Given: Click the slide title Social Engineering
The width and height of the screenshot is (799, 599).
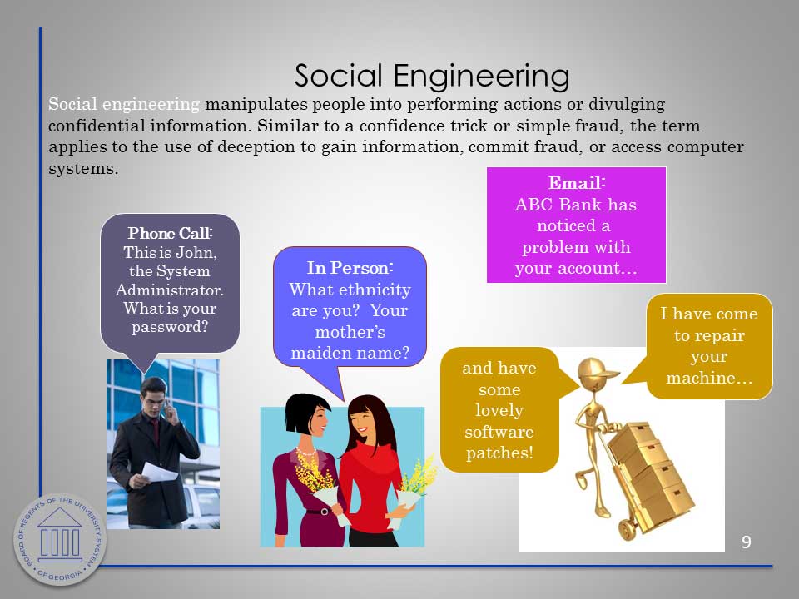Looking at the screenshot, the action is click(x=432, y=77).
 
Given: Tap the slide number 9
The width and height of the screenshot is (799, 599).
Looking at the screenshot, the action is click(x=746, y=542).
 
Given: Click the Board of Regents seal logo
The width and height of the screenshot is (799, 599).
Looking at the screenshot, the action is click(x=60, y=539).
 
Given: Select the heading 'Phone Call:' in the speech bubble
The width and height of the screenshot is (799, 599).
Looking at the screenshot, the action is click(x=170, y=233).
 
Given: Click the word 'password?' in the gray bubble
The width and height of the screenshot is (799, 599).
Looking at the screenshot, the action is click(x=170, y=327).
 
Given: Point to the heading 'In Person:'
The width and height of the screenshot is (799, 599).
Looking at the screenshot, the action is click(x=350, y=268).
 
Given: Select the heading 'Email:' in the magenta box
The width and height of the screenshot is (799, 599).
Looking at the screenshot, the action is click(x=576, y=183).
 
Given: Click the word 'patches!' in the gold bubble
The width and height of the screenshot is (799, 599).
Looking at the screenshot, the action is click(x=499, y=453).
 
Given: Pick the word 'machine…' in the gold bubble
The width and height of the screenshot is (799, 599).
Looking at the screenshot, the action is click(x=709, y=378).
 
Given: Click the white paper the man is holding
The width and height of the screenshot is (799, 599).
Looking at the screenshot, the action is click(x=159, y=473).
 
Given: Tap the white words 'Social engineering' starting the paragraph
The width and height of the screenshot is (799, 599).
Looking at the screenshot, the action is click(x=124, y=105).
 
